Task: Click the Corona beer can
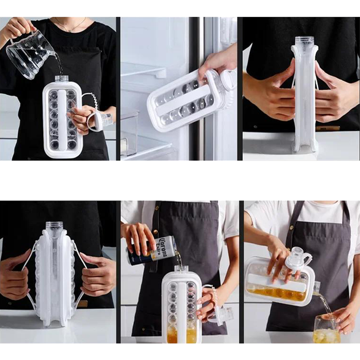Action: [x=152, y=250]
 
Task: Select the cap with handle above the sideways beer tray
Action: [x=299, y=260]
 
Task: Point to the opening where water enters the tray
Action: [x=62, y=78]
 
